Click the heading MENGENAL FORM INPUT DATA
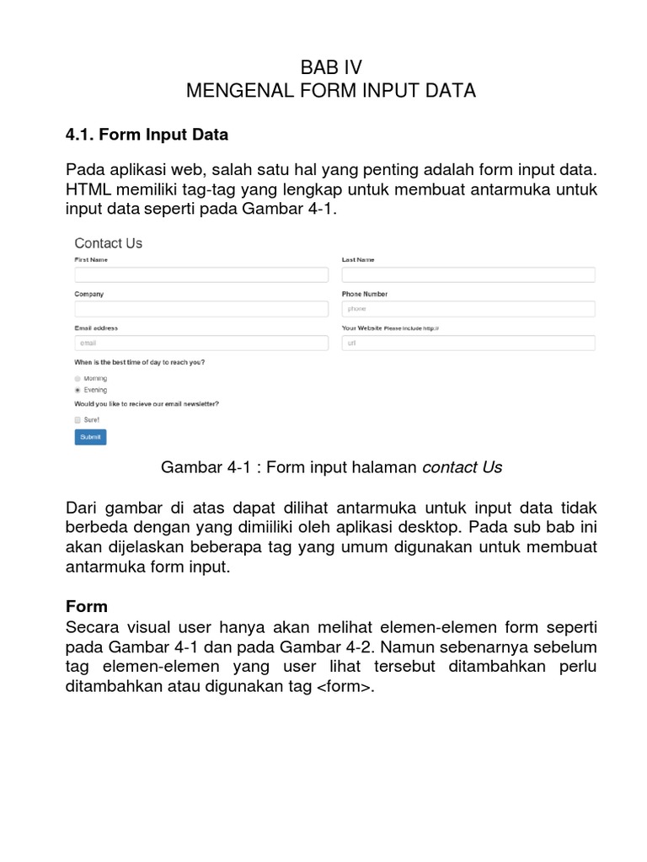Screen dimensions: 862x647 click(x=331, y=91)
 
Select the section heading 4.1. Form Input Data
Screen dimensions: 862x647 click(x=147, y=134)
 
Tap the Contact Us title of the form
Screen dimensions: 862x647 click(x=109, y=243)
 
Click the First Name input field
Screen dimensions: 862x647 click(x=201, y=274)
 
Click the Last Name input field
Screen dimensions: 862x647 click(x=468, y=274)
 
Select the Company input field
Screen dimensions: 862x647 click(x=201, y=309)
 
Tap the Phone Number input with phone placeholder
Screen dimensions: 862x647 click(x=468, y=309)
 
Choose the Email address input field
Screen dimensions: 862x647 click(x=201, y=343)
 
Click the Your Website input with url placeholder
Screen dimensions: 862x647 click(x=468, y=343)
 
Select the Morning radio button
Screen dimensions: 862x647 click(x=78, y=379)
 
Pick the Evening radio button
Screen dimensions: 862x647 click(x=78, y=391)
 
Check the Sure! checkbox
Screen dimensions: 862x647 click(x=78, y=419)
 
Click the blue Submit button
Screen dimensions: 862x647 click(x=90, y=437)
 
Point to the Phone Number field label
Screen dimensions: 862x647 click(x=365, y=295)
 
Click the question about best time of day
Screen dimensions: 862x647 click(x=140, y=363)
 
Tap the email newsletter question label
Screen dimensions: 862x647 click(x=147, y=404)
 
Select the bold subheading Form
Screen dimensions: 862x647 click(x=87, y=606)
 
